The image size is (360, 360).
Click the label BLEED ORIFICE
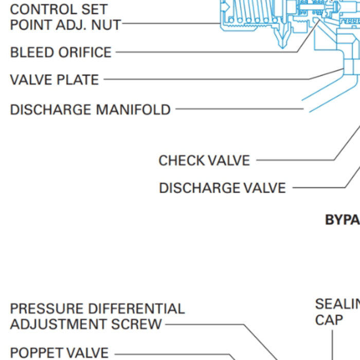coord(61,52)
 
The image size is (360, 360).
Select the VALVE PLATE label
coord(54,80)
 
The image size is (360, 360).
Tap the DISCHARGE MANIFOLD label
coord(90,110)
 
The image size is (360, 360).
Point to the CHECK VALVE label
coord(204,160)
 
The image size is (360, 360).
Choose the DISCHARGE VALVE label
coord(222,188)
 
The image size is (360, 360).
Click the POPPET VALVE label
coord(59,353)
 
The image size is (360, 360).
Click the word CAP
coord(329,320)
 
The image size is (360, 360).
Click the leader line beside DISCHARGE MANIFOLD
coord(239,109)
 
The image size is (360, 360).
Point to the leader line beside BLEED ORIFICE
coord(206,52)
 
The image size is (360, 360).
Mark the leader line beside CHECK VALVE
coord(293,160)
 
